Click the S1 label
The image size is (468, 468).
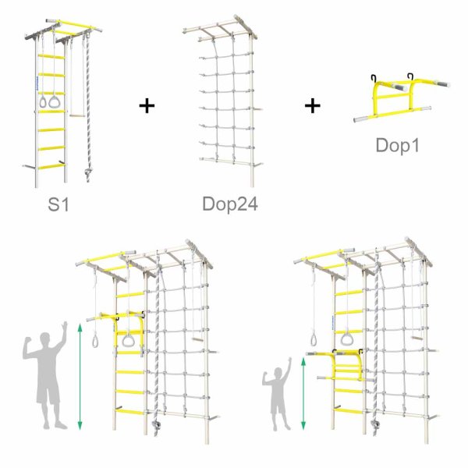click(58, 204)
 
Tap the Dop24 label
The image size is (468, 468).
click(230, 204)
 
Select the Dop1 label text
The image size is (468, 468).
click(398, 145)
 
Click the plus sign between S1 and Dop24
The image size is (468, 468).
click(147, 105)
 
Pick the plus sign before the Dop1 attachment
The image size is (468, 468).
click(313, 105)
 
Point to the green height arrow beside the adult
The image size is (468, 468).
click(80, 377)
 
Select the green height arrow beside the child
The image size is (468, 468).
click(303, 394)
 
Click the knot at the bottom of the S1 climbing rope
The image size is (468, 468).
click(88, 172)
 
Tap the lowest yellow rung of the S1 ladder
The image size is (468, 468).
click(51, 167)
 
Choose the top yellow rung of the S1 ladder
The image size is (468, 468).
click(51, 56)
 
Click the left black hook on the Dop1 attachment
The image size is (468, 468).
click(374, 78)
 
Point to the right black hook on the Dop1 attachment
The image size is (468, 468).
click(411, 76)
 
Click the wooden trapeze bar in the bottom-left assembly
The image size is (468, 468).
click(197, 339)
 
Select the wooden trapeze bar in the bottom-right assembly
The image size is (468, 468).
click(417, 339)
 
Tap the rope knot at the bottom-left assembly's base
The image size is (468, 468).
click(155, 424)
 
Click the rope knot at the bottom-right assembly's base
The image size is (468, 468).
click(374, 424)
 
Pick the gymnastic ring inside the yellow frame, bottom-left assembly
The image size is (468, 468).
click(129, 341)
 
